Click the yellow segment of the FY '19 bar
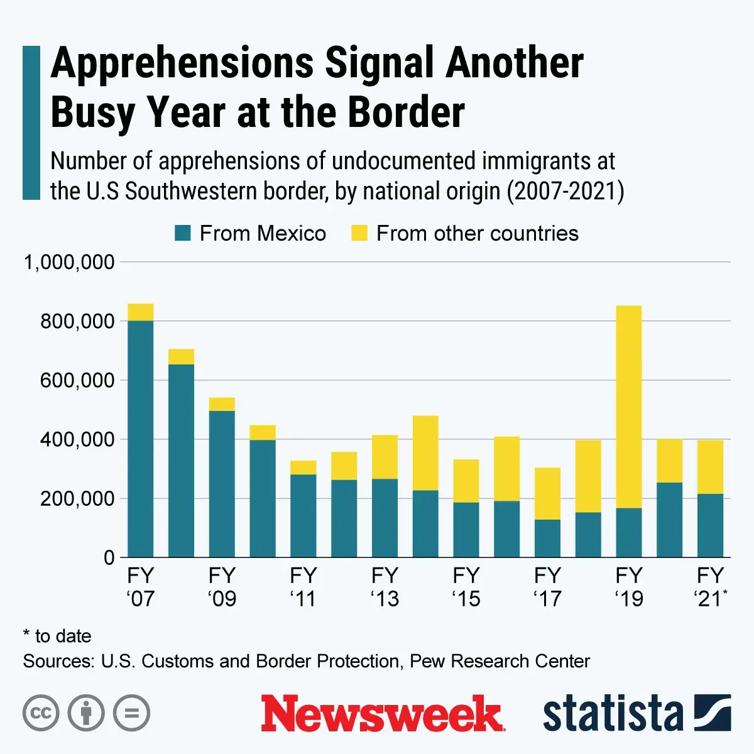[629, 407]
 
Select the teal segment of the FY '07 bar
[141, 439]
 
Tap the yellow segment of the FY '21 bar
[710, 467]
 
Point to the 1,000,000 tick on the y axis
[69, 262]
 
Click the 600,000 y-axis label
[77, 381]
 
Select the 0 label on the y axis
[109, 558]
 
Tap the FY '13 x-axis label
[385, 587]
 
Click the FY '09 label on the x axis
[222, 587]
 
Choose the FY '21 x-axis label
[711, 587]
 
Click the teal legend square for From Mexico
[182, 234]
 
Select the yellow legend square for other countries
[359, 234]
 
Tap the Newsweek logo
[383, 714]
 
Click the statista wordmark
[613, 714]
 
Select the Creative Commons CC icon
[41, 713]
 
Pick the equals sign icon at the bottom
[131, 713]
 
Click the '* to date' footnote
[57, 636]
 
